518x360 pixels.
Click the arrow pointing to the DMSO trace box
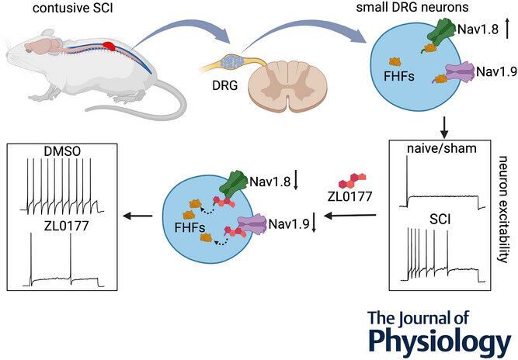(140, 216)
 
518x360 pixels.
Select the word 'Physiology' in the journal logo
(440, 341)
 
